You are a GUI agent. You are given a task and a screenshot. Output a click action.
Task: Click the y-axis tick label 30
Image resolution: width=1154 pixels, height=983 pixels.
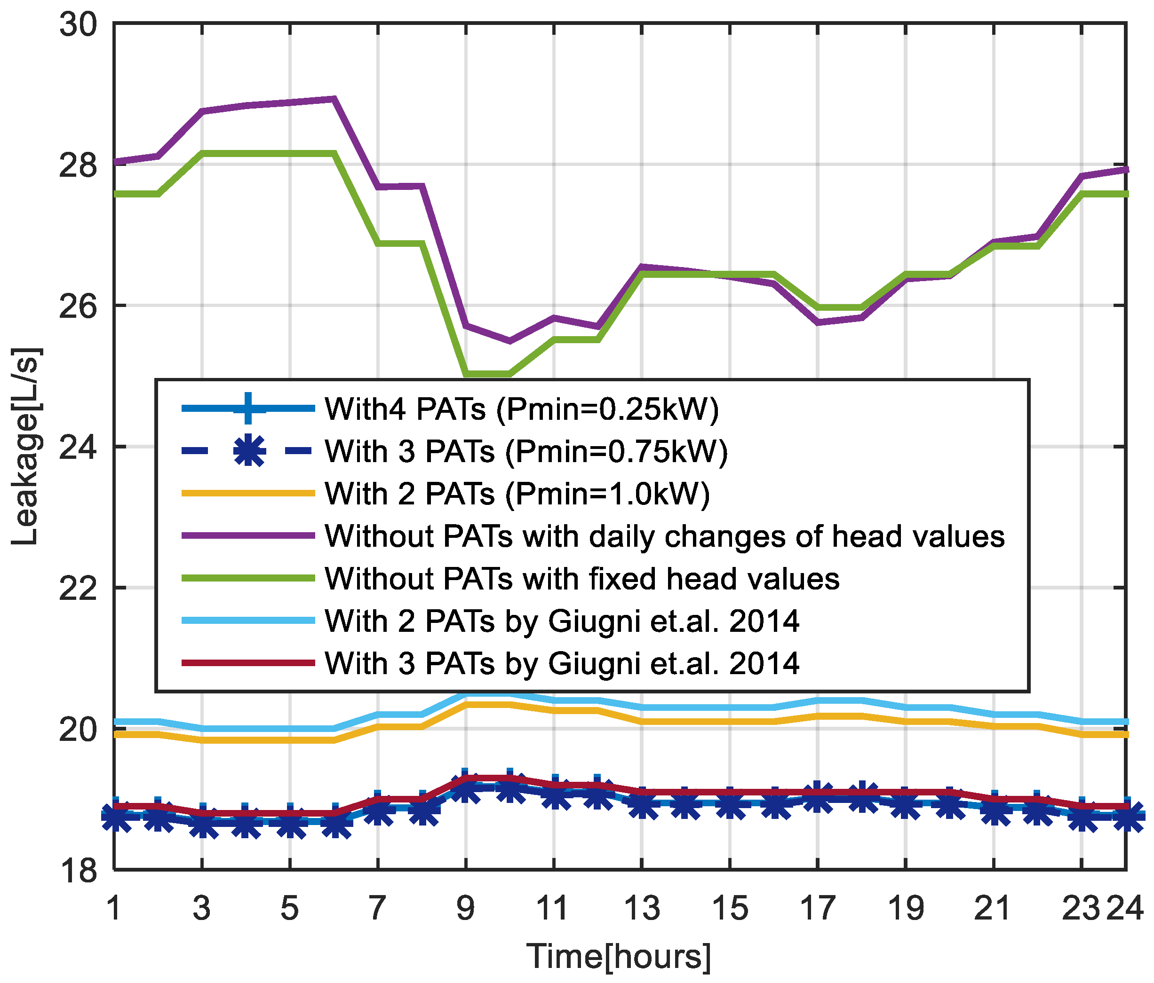click(78, 25)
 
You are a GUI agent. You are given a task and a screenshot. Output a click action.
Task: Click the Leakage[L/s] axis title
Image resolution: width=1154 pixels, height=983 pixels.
click(25, 445)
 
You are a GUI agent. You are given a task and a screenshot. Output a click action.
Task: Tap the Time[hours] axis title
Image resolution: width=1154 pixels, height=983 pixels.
click(618, 957)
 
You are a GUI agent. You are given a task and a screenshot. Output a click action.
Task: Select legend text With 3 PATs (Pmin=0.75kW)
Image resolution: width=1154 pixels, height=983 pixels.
click(526, 451)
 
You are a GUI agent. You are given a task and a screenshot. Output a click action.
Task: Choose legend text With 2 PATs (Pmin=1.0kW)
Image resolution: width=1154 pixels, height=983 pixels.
click(517, 494)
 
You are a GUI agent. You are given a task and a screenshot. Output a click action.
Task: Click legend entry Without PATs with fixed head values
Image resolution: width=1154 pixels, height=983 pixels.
click(582, 579)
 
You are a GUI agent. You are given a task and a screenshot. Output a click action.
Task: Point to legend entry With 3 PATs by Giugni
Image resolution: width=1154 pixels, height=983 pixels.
click(562, 663)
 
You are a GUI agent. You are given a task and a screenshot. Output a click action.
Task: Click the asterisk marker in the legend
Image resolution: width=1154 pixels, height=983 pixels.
click(249, 451)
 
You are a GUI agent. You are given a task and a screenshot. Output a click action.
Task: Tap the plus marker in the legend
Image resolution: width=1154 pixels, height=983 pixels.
click(249, 409)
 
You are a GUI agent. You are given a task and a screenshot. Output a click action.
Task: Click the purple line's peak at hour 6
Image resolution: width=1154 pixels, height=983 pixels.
click(334, 99)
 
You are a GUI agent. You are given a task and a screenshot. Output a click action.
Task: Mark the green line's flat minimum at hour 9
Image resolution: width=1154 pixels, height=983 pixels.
click(466, 374)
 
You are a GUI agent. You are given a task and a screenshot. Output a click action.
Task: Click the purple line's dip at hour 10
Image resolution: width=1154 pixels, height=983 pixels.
click(509, 341)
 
